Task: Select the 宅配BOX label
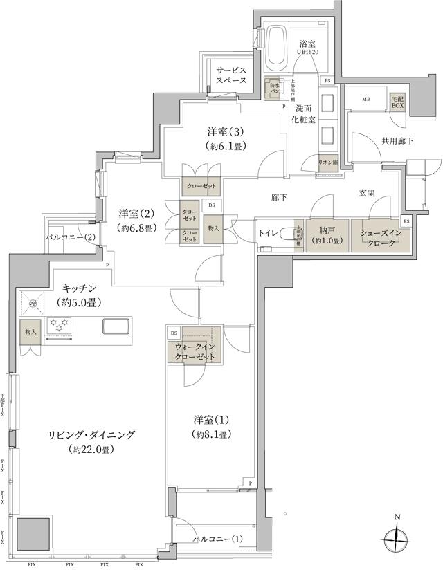tap(398, 103)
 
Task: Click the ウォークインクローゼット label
tap(194, 351)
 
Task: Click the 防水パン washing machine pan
tap(274, 89)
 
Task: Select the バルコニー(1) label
tap(217, 538)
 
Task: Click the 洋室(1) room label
tap(212, 426)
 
